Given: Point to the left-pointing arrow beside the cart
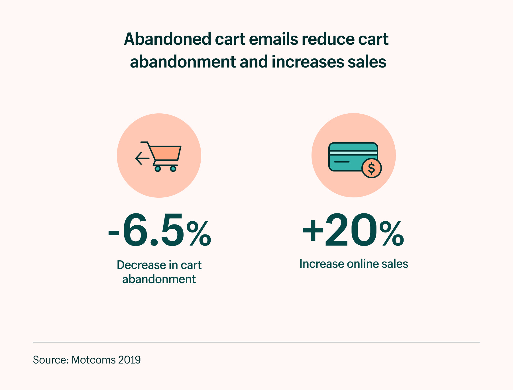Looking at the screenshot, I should pos(142,158).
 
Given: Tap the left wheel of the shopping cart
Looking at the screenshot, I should pos(158,169).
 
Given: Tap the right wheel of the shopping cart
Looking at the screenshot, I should pos(173,169).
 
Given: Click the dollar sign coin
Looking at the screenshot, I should pos(371,168).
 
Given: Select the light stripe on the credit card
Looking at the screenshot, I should pos(353,153).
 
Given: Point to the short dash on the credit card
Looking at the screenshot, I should pos(341,162).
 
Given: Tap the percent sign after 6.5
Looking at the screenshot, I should pos(199,234).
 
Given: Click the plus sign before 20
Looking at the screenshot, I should pos(313,230).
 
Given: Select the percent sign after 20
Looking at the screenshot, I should pos(392,234).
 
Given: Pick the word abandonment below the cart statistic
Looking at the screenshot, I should pos(159,279).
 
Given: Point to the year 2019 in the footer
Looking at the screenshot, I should pos(129,360).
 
